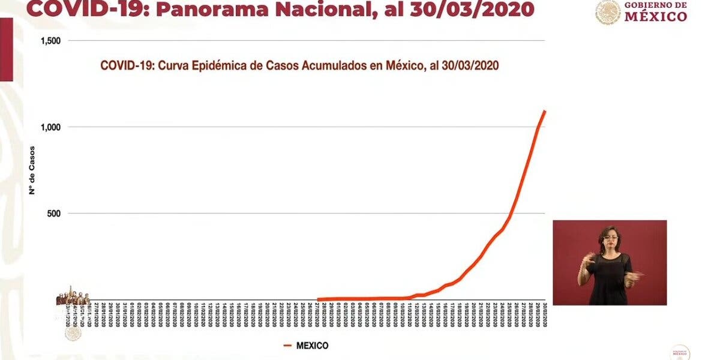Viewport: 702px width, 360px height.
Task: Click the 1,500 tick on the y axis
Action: (51, 41)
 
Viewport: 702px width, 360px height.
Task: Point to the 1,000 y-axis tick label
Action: (51, 127)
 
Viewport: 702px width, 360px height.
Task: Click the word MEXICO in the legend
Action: (311, 346)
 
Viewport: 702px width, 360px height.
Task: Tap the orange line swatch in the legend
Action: (287, 346)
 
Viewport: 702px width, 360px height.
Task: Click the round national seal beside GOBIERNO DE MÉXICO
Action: (608, 13)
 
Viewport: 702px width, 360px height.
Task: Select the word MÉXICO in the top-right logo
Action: (656, 17)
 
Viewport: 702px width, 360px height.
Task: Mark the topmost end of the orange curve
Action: (545, 111)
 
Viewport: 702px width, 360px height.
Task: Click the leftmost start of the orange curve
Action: (317, 299)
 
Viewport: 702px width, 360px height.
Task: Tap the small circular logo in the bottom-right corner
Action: (680, 352)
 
